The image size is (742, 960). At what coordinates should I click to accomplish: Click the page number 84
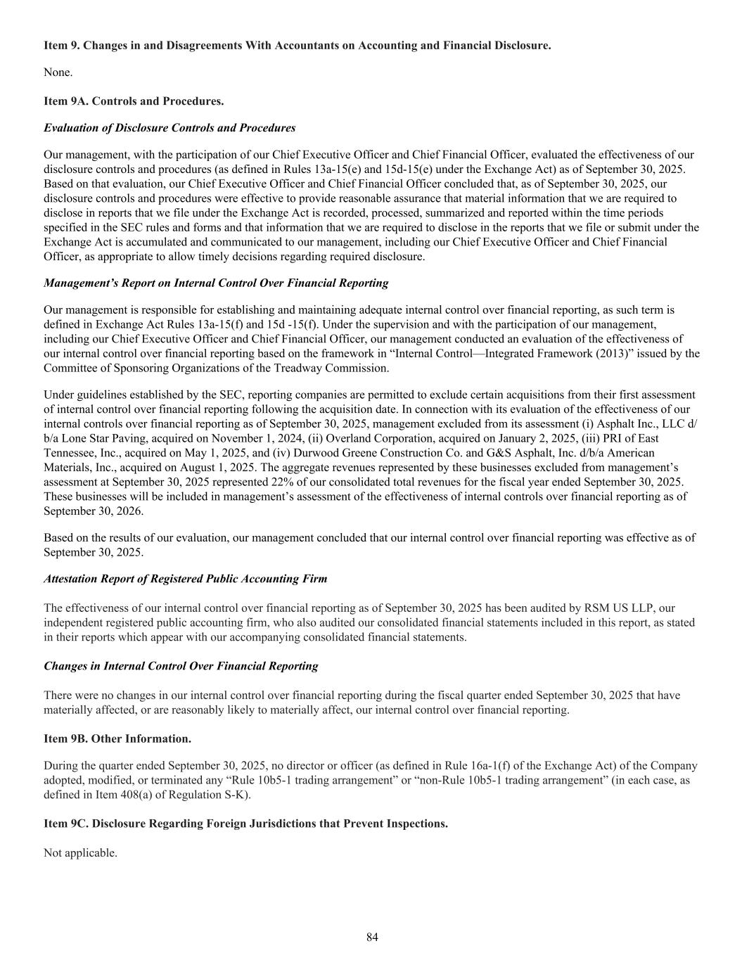pyautogui.click(x=372, y=937)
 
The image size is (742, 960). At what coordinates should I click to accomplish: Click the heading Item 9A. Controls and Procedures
pyautogui.click(x=134, y=101)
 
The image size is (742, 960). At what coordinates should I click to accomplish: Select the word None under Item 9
pyautogui.click(x=58, y=72)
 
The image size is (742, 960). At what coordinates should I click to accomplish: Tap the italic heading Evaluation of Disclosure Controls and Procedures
pyautogui.click(x=169, y=128)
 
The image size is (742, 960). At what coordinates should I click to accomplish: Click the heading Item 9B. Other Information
pyautogui.click(x=117, y=739)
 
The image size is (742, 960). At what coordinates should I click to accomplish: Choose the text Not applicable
pyautogui.click(x=80, y=853)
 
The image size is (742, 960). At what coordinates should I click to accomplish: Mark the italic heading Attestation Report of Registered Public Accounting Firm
pyautogui.click(x=185, y=579)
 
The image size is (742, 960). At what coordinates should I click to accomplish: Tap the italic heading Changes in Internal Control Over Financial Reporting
pyautogui.click(x=181, y=666)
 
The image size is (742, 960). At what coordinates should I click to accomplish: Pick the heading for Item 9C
pyautogui.click(x=245, y=824)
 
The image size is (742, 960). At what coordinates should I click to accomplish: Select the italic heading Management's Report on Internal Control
pyautogui.click(x=216, y=283)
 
